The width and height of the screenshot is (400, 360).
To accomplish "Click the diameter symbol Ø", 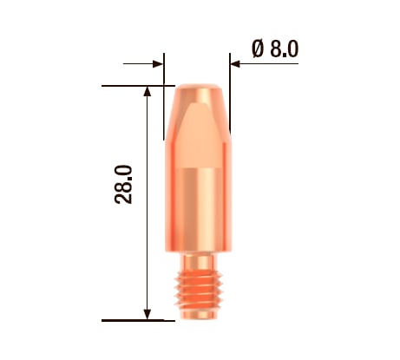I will coord(259,49).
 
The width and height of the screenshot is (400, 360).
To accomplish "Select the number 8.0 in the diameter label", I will coord(284,49).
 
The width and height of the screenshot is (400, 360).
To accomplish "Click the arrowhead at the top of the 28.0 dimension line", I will coord(148,93).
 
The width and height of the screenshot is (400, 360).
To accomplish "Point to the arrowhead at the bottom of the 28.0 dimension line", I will coord(148,314).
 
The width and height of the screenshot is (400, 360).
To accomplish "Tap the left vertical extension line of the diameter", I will coord(165,95).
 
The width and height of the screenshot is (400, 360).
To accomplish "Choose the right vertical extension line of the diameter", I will coord(231,95).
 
